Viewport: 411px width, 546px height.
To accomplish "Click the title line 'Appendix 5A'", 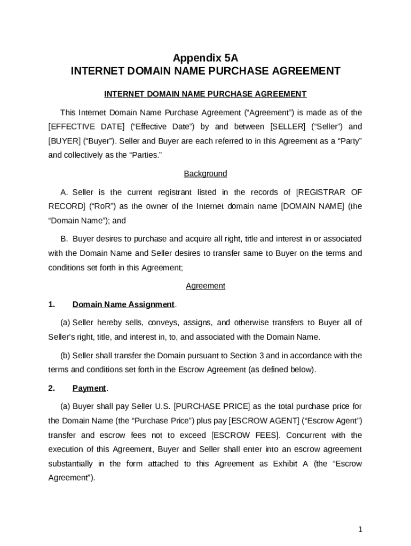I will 205,58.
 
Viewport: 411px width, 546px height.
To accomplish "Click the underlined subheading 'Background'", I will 205,174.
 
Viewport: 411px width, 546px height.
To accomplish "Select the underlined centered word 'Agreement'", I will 205,286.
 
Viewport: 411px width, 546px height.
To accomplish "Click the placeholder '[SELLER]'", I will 288,127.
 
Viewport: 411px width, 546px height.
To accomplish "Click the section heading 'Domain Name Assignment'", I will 123,305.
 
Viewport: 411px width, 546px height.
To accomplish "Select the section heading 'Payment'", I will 89,389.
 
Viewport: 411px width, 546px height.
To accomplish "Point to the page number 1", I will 361,529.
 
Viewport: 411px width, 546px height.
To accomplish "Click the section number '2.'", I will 52,389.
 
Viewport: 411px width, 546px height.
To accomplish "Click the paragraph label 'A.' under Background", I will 65,192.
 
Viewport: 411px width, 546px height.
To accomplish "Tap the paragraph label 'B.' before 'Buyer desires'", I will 65,239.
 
